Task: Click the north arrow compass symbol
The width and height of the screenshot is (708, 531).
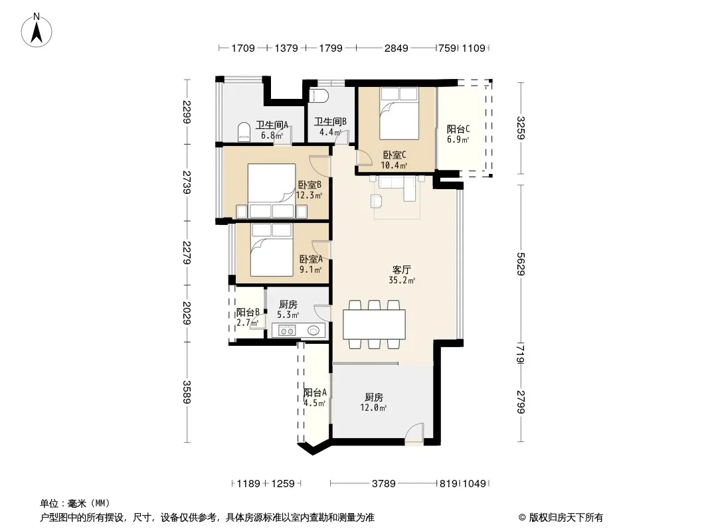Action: [x=37, y=31]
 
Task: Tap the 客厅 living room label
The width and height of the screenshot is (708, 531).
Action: [x=401, y=269]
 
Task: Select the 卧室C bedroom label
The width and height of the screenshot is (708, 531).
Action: [x=395, y=155]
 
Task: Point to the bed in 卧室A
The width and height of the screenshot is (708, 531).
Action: [x=272, y=250]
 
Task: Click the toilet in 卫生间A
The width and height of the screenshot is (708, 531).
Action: [x=244, y=131]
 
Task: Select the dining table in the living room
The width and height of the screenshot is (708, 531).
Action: [x=374, y=325]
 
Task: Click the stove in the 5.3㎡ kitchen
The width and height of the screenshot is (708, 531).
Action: [x=287, y=331]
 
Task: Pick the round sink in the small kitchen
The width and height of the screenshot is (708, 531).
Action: [x=313, y=331]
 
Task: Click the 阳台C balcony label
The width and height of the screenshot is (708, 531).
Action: [x=458, y=129]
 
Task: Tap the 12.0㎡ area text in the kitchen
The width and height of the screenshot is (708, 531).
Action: [x=373, y=408]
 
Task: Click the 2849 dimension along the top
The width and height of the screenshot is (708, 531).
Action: [x=396, y=48]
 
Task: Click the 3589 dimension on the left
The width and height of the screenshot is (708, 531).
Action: [x=187, y=392]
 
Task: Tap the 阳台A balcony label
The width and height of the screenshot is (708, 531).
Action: [x=315, y=392]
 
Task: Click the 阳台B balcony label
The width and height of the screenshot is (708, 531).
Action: [x=248, y=312]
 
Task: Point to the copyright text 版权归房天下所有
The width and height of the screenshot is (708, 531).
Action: [x=566, y=518]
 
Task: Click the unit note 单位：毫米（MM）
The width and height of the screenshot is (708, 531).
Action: [x=75, y=504]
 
